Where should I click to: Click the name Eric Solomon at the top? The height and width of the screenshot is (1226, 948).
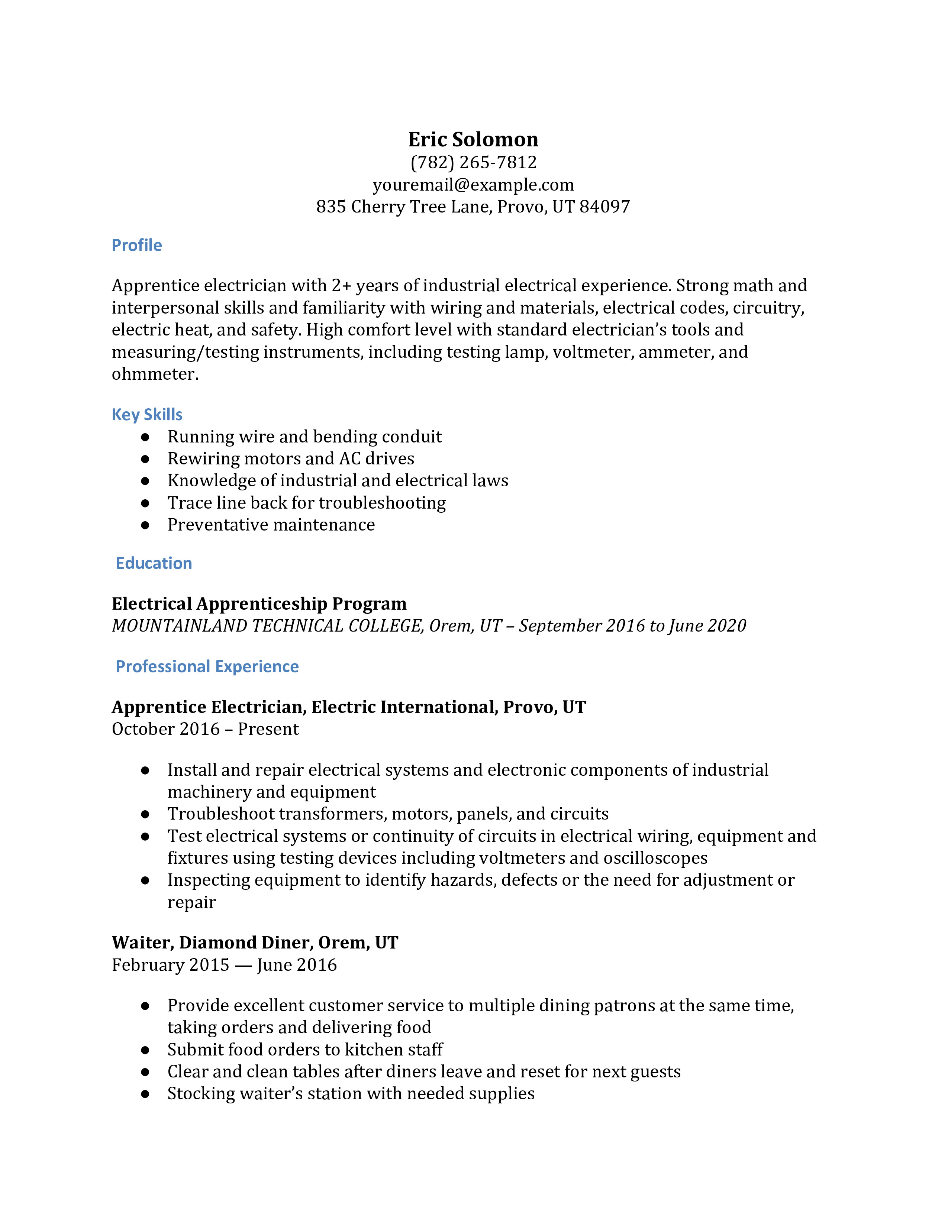[x=473, y=139]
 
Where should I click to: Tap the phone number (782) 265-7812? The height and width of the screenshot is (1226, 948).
[x=473, y=162]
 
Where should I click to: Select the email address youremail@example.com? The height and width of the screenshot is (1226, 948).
[x=473, y=185]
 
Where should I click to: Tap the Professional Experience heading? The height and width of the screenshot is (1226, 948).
[x=207, y=666]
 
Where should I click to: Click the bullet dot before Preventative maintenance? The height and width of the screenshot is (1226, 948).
[x=145, y=525]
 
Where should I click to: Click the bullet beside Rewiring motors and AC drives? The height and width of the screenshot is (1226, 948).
[x=145, y=458]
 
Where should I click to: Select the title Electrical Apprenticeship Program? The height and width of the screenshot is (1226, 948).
[x=259, y=603]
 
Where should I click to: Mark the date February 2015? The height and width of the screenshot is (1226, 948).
[x=170, y=965]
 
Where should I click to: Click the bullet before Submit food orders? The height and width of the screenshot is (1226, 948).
[x=145, y=1050]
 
